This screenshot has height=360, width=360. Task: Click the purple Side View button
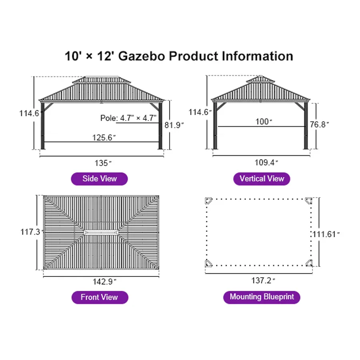(99, 178)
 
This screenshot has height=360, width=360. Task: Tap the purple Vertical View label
(262, 178)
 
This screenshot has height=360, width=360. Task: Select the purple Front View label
(100, 297)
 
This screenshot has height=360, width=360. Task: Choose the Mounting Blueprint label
(262, 297)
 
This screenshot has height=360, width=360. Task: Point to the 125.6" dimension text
(104, 138)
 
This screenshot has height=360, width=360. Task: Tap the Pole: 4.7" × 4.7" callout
(128, 118)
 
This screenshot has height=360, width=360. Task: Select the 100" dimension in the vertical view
(264, 122)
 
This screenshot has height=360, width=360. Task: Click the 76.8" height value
(319, 124)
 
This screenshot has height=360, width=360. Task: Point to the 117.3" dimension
(32, 232)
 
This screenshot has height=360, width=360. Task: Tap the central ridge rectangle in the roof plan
(101, 232)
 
